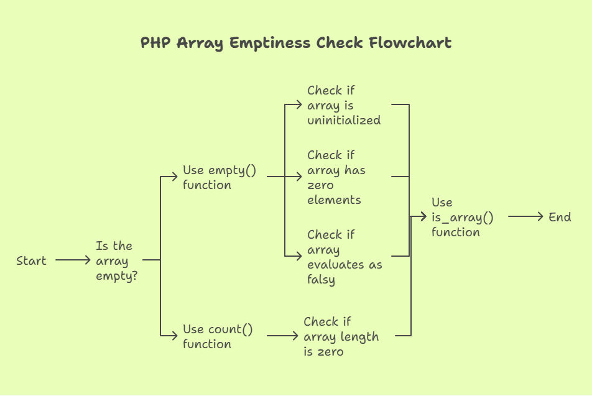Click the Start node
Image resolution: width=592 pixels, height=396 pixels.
[x=31, y=260]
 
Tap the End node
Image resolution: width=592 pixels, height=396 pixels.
[x=560, y=217]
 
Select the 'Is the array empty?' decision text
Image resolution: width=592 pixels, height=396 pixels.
[x=116, y=261]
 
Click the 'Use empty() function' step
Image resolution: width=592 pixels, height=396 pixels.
[x=220, y=177]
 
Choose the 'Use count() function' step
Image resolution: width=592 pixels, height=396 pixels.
[x=218, y=336]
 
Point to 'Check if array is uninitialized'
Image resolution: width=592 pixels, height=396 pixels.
[x=344, y=105]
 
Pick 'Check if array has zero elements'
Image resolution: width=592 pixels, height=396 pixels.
[x=336, y=177]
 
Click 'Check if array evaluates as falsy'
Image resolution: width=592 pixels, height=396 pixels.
[x=345, y=257]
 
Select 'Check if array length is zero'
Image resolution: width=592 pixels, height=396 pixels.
[x=341, y=336]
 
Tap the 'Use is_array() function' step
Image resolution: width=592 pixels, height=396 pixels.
[x=463, y=217]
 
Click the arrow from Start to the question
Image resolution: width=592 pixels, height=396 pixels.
[x=73, y=260]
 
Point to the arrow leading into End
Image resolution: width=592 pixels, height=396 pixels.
[x=525, y=216]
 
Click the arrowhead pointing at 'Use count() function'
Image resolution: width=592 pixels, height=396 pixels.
[x=174, y=335]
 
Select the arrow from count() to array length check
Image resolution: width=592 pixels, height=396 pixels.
[x=282, y=335]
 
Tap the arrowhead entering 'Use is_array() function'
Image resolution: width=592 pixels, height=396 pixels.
[x=423, y=216]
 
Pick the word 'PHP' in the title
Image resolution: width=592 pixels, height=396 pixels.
[x=155, y=43]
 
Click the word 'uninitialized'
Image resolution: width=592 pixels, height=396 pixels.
[x=344, y=120]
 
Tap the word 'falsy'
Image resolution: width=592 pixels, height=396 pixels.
[x=321, y=280]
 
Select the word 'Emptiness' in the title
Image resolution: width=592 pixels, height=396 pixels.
[x=270, y=44]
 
